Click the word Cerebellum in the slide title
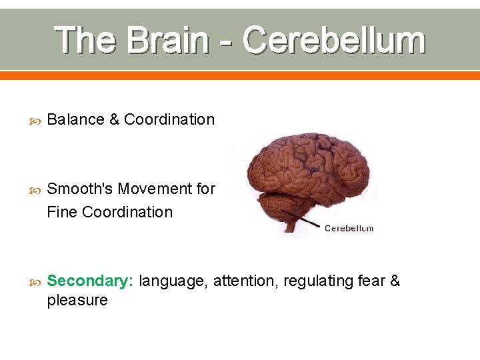point(333,40)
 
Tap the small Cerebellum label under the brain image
point(349,229)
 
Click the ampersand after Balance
point(114,120)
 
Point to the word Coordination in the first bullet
point(169,120)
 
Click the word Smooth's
point(79,189)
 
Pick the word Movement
point(155,189)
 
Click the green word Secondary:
point(91,281)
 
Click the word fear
point(369,281)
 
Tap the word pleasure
point(77,301)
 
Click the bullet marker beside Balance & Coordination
point(35,121)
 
